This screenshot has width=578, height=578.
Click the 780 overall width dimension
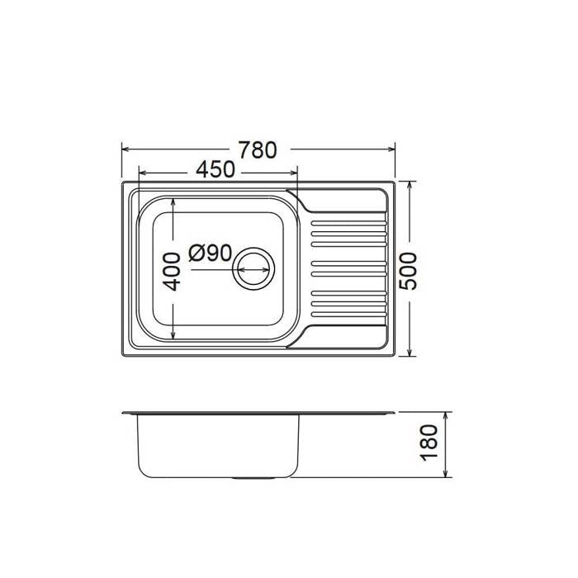[x=258, y=150]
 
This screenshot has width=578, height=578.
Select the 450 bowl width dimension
[x=215, y=170]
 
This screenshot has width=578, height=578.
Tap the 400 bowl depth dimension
[x=172, y=272]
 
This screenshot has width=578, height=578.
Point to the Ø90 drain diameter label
[x=210, y=253]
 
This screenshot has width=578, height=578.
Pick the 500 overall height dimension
[x=409, y=272]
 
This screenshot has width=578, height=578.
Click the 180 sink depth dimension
[x=429, y=443]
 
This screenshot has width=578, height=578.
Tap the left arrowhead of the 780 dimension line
[x=126, y=149]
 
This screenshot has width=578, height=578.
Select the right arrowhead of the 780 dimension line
[x=391, y=149]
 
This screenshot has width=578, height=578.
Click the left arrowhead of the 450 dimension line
[x=142, y=173]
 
